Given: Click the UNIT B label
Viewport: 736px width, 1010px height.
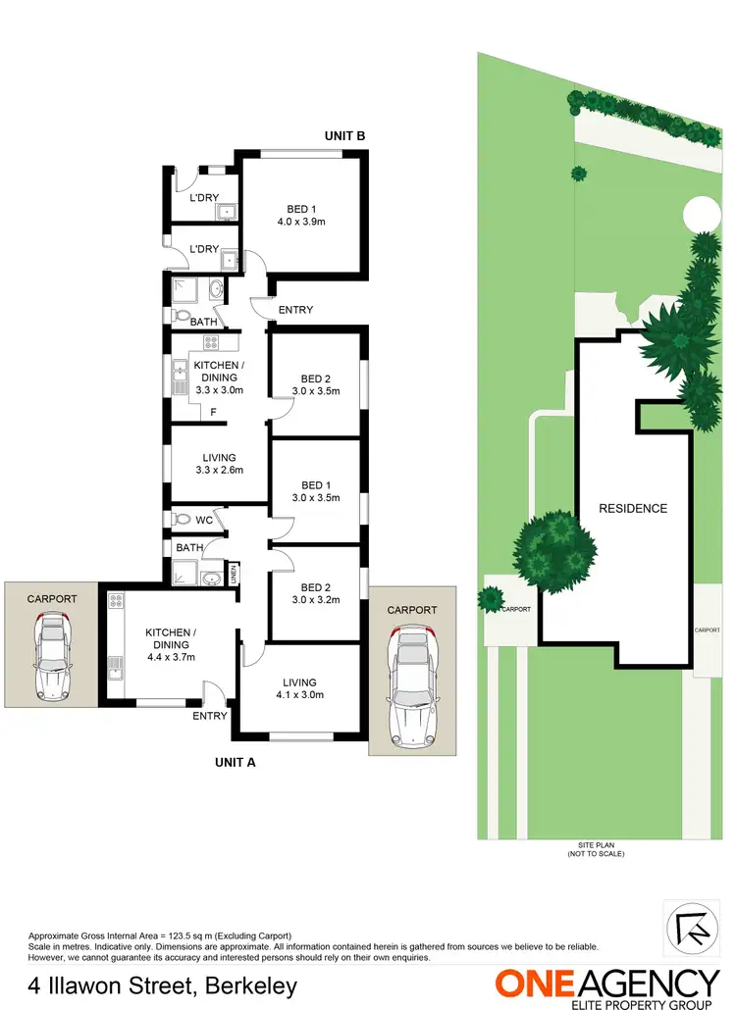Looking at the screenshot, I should coord(345,136).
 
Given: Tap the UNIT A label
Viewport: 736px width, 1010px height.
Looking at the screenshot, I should coord(236,761).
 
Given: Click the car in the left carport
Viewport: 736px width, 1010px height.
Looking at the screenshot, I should coord(51,654).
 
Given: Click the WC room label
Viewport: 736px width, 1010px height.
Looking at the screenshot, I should coord(203,520).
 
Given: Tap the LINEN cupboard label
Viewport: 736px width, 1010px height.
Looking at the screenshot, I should coord(234,572).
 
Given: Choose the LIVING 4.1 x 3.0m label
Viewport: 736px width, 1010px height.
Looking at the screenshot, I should coord(299,688).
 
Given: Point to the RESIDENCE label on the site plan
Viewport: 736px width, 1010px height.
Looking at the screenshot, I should coord(633,508).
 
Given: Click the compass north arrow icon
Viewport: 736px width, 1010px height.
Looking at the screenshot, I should coord(691,927).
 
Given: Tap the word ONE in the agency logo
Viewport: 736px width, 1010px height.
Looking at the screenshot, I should coord(535,983).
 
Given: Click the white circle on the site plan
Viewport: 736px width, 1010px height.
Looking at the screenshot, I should coord(702,213).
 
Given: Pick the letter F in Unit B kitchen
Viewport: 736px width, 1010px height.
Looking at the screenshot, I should coord(213,413).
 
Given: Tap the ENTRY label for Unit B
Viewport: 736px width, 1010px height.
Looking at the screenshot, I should coord(295,310).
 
